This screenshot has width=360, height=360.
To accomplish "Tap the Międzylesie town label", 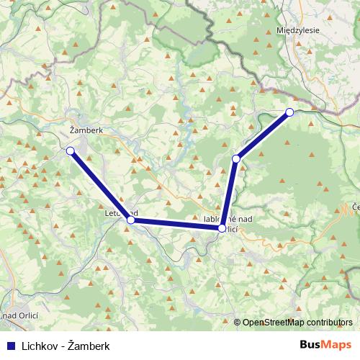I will pyautogui.click(x=298, y=31).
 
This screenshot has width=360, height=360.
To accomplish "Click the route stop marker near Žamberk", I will pyautogui.click(x=71, y=150).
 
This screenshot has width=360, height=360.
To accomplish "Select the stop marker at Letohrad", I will pyautogui.click(x=130, y=220).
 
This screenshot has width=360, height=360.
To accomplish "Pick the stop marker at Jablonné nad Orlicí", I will pyautogui.click(x=222, y=228).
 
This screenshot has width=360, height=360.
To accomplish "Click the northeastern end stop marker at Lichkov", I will pyautogui.click(x=289, y=112).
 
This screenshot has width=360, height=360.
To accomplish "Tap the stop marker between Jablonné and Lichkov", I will pyautogui.click(x=235, y=158).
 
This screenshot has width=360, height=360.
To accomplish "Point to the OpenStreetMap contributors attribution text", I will pyautogui.click(x=297, y=323).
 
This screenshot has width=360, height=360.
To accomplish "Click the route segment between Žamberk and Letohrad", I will pyautogui.click(x=100, y=185).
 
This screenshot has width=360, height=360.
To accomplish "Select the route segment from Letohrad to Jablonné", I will pyautogui.click(x=176, y=224).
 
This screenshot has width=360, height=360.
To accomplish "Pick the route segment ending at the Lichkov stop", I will pyautogui.click(x=263, y=135).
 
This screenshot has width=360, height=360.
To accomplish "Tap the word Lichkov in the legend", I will pyautogui.click(x=39, y=346).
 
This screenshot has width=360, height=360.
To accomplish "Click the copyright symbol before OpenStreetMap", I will pyautogui.click(x=238, y=323).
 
